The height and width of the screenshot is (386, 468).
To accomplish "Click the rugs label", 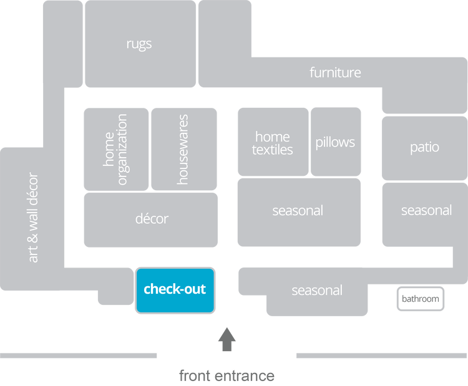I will pos(139,44).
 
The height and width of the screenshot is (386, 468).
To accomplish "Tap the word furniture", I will pos(335,72).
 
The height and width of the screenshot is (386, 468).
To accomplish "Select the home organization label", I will pos(115,149).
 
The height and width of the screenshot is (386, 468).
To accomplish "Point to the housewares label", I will pos(182,149).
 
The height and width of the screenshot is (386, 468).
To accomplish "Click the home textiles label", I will pos(273,143).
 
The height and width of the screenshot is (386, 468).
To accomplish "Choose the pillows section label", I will pos(335,142).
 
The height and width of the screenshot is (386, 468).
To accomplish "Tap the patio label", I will pos(424,147).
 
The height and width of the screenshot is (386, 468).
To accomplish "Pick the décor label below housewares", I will pos(152,219).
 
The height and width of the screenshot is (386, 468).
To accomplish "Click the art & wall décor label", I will pos(33,217).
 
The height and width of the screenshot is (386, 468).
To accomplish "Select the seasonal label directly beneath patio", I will pos(426,210).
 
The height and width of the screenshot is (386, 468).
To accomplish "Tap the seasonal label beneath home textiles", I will pos(298,211).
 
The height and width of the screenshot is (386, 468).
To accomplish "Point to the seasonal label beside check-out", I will pos(317,291).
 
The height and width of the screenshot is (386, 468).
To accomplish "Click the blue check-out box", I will pos(175,289).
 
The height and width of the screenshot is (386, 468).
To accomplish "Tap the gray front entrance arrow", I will pos(227,340).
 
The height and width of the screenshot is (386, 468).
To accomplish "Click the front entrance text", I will pos(227,375).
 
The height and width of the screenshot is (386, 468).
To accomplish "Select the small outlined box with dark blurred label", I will pos(421,299).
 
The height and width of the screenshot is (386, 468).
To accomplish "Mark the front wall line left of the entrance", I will pos(79,355).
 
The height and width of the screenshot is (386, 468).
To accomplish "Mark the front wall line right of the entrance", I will pos(381,355).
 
